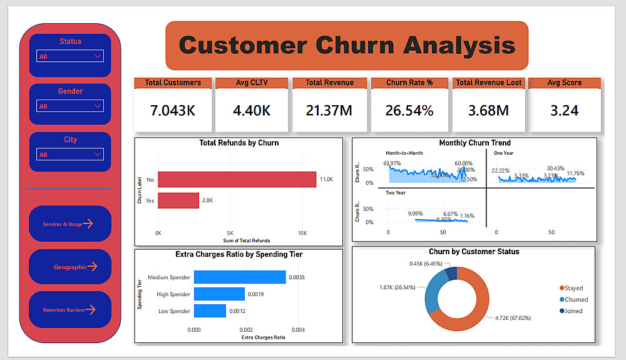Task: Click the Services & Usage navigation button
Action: [69, 224]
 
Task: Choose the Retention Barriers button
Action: [69, 309]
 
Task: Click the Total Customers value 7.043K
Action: [173, 111]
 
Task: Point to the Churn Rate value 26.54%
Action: [409, 111]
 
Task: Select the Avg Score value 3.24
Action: [564, 111]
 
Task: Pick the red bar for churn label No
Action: [237, 180]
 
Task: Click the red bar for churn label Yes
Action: [178, 200]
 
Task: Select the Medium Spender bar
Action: [240, 277]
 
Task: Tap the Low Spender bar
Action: [210, 311]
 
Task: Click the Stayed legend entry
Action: [573, 289]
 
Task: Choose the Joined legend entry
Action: [573, 311]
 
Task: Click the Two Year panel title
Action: [396, 193]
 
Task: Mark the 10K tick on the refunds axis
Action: [302, 232]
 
